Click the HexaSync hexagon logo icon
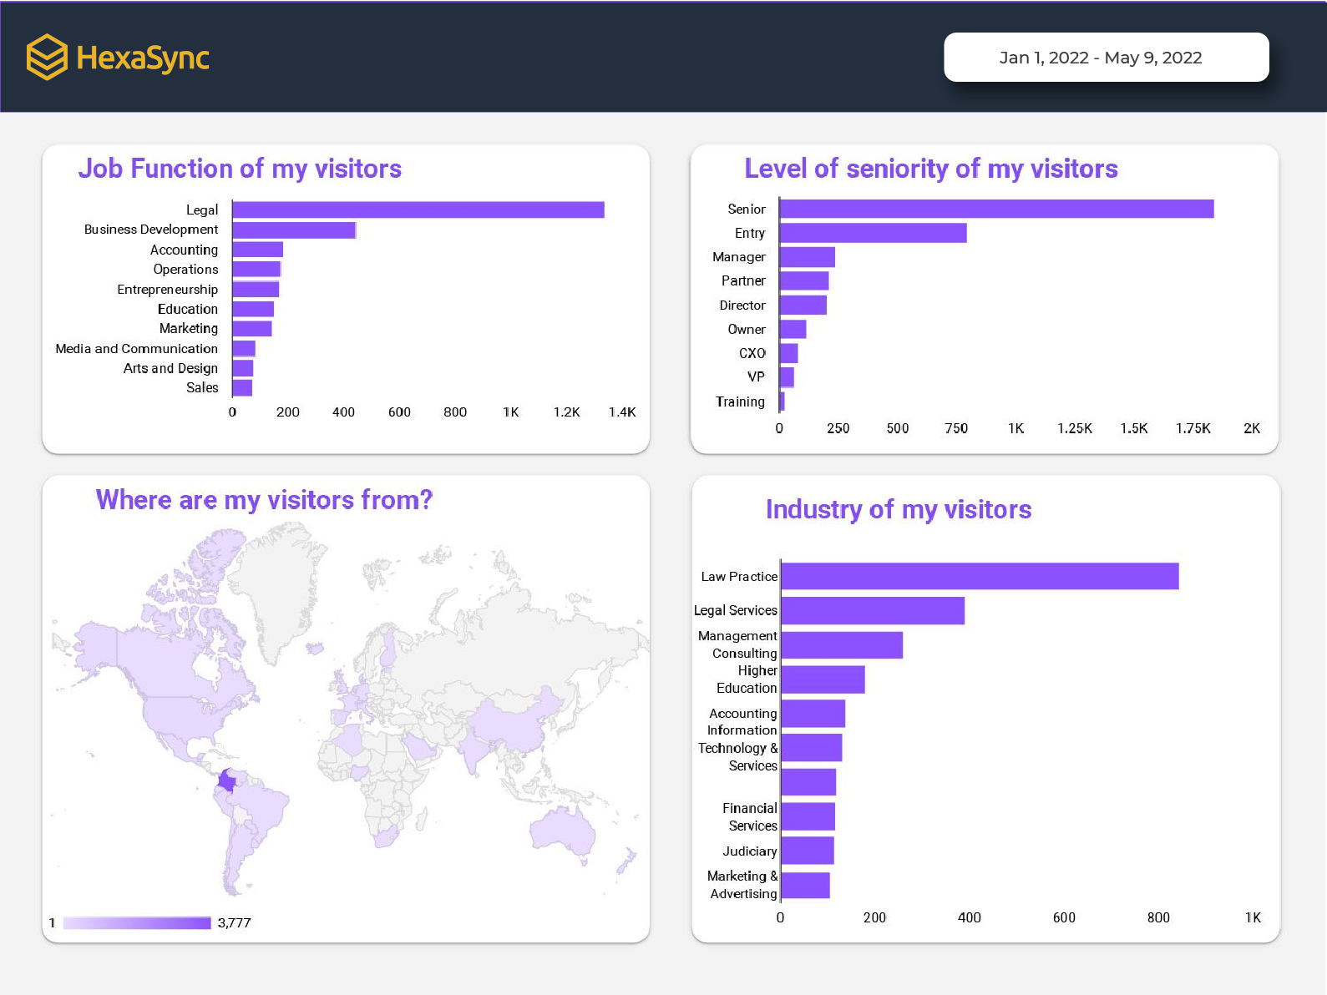[47, 57]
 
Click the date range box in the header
[1106, 58]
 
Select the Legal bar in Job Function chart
[418, 210]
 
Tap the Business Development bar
[294, 230]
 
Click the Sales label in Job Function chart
[202, 387]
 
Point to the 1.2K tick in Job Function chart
[566, 412]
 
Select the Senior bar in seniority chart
[995, 209]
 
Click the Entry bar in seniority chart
[873, 233]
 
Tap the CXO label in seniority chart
[752, 353]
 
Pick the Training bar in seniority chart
[782, 402]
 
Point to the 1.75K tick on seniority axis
[1193, 428]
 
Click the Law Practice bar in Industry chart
[979, 576]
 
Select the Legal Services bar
[872, 610]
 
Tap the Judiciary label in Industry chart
[749, 851]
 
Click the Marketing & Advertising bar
[805, 886]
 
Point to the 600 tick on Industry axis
[1063, 917]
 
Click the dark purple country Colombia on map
[226, 780]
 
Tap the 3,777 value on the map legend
[234, 922]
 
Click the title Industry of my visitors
[898, 509]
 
